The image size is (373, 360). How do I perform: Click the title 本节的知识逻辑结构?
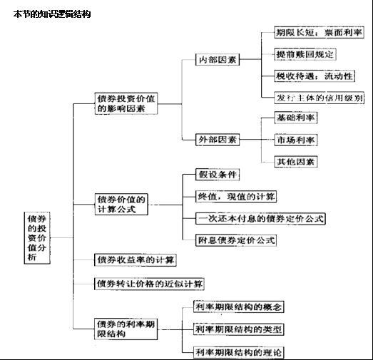tap(52, 14)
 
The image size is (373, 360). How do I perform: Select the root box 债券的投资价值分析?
tap(37, 238)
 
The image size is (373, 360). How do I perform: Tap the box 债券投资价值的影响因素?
tap(126, 103)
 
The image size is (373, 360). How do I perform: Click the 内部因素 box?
tap(218, 59)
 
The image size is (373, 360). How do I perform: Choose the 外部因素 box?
tap(218, 140)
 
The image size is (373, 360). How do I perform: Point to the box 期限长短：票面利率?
tap(319, 32)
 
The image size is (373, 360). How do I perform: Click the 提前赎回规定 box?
tap(305, 54)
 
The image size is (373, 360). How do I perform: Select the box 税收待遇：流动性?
tap(315, 76)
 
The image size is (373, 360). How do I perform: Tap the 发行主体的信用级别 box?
tap(319, 98)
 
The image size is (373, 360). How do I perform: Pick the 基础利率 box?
tap(296, 118)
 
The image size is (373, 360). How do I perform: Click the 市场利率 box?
tap(296, 140)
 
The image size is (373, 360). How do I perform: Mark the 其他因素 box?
tap(296, 162)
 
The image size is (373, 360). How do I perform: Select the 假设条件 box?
tap(218, 175)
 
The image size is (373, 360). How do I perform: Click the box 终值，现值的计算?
tap(236, 197)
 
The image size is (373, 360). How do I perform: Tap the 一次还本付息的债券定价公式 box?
tap(260, 219)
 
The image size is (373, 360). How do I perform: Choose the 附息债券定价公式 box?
tap(236, 240)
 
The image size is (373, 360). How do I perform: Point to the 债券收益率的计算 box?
tap(136, 259)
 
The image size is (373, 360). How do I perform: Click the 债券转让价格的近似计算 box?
tap(149, 284)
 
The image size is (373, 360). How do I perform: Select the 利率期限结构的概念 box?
tap(239, 307)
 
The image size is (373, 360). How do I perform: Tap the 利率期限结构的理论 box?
tap(239, 352)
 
